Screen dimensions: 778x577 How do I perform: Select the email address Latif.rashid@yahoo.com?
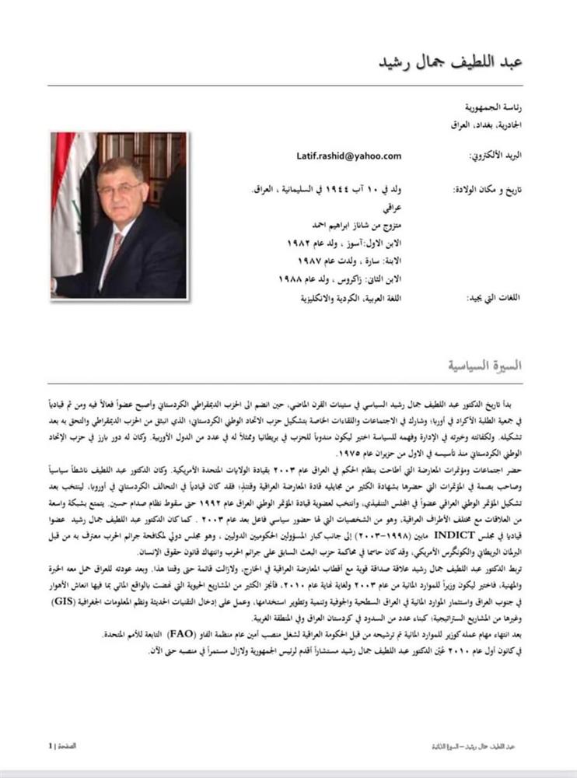click(x=348, y=156)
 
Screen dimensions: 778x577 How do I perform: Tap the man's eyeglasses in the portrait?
click(x=121, y=190)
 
